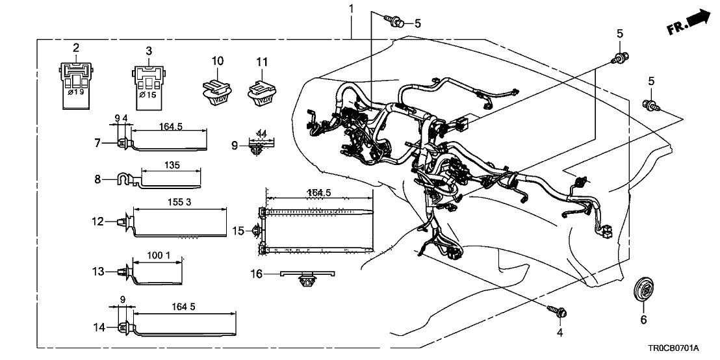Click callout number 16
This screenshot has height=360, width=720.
tap(257, 275)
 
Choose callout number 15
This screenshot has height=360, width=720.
tap(238, 231)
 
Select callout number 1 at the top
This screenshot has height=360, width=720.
tap(352, 9)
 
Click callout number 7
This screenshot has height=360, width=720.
tap(98, 142)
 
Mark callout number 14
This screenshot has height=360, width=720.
tap(98, 328)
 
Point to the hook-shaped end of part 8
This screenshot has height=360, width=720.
tap(121, 177)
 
